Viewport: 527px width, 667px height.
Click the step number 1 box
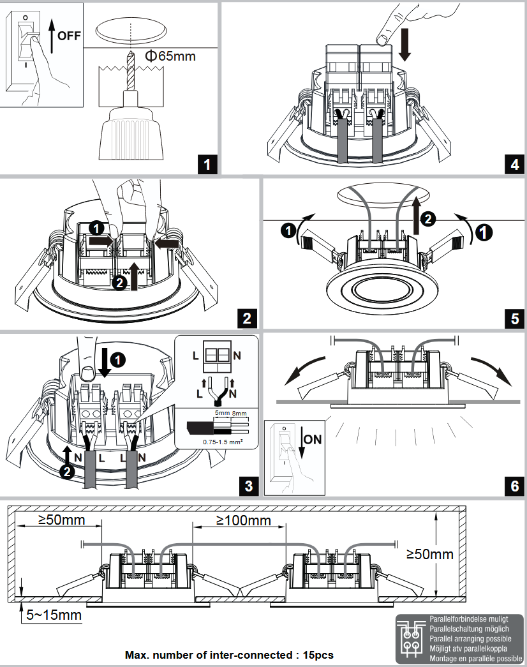tap(205, 165)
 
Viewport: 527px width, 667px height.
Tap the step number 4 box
tap(514, 165)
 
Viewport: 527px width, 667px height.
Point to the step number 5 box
tap(514, 317)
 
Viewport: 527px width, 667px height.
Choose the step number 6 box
tap(514, 485)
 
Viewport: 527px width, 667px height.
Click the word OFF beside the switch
tap(69, 36)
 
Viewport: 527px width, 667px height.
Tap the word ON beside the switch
tap(313, 439)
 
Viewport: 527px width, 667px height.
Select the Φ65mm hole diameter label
tap(170, 56)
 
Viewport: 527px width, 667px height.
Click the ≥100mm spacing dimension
tap(243, 520)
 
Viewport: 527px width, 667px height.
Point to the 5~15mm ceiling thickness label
tap(54, 615)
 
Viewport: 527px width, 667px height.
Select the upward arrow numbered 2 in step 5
tap(416, 217)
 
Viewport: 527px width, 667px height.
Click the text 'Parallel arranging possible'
tap(470, 638)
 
